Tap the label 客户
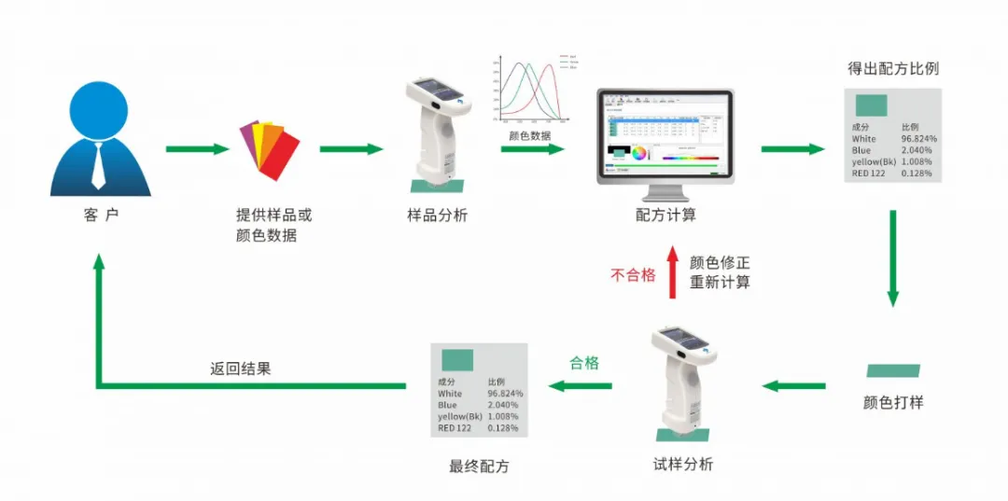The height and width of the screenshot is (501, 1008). tap(101, 216)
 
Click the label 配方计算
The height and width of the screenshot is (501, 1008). tap(665, 216)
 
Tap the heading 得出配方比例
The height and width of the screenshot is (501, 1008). tap(892, 69)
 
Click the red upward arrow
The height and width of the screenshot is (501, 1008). tap(672, 272)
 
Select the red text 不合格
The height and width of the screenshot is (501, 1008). tap(633, 274)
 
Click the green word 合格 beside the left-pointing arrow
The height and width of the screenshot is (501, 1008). tap(584, 363)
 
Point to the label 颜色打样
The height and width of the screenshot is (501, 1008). tap(893, 403)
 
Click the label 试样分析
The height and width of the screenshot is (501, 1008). tap(683, 464)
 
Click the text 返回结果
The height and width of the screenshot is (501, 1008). tap(241, 369)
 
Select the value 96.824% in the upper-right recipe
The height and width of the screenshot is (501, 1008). tap(918, 139)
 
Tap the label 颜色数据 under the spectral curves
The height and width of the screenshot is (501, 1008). tap(529, 135)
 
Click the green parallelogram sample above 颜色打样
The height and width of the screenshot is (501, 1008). tap(893, 370)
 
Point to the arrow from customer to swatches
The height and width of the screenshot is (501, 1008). tap(197, 149)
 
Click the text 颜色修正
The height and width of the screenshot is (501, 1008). tap(720, 263)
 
